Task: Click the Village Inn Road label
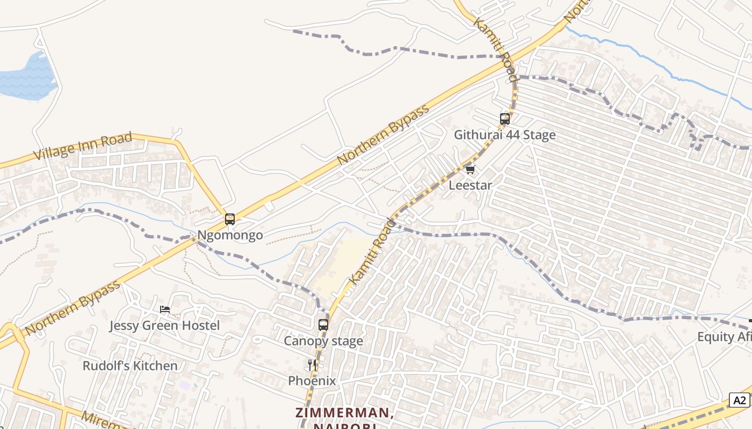pyautogui.click(x=83, y=146)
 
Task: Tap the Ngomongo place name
pyautogui.click(x=230, y=235)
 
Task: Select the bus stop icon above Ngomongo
pyautogui.click(x=230, y=219)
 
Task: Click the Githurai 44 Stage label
pyautogui.click(x=504, y=135)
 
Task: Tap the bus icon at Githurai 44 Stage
pyautogui.click(x=505, y=119)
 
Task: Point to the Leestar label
pyautogui.click(x=470, y=186)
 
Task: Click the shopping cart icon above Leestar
pyautogui.click(x=470, y=170)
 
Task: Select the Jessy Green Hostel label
pyautogui.click(x=164, y=326)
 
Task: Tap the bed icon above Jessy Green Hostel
pyautogui.click(x=165, y=309)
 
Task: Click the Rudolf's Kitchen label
pyautogui.click(x=129, y=366)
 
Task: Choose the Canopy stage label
pyautogui.click(x=323, y=341)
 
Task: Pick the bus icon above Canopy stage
pyautogui.click(x=323, y=325)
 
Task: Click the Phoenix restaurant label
pyautogui.click(x=312, y=381)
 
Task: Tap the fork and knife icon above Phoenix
pyautogui.click(x=312, y=365)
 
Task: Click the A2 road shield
pyautogui.click(x=740, y=400)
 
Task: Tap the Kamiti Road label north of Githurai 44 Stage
pyautogui.click(x=495, y=48)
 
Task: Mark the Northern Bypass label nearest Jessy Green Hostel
pyautogui.click(x=73, y=308)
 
